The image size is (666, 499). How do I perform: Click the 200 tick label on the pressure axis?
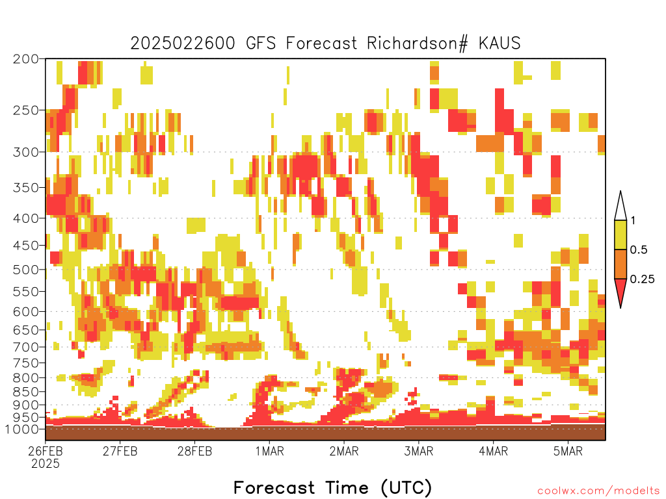pos(25,59)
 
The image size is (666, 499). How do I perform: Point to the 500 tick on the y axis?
pos(25,270)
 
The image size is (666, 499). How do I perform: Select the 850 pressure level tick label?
pos(25,392)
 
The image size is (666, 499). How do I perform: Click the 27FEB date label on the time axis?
pos(120,451)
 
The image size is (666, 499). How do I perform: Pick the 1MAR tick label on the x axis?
pos(269,451)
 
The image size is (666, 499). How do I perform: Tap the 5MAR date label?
pos(568,451)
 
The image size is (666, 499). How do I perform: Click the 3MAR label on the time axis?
pos(418,451)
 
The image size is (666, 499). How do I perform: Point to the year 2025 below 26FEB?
pos(46,464)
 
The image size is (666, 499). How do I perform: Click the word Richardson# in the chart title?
pos(417,44)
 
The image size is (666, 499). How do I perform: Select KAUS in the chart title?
pos(499,44)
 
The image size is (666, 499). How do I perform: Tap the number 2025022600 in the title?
pos(183,44)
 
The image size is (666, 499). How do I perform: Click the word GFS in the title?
pos(261,44)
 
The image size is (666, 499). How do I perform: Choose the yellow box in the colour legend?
pos(620,235)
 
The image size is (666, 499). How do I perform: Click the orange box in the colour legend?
pos(620,264)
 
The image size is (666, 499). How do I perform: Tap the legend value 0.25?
pos(642,279)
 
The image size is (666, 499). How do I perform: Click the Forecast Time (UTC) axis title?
pos(332,487)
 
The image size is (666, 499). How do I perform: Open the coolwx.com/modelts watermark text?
pos(598,491)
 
